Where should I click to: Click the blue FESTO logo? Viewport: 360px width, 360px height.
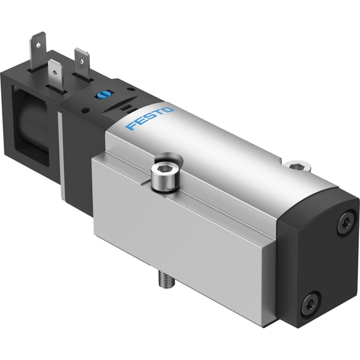coord(149,118)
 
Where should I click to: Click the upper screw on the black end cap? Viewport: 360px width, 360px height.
coord(346,222)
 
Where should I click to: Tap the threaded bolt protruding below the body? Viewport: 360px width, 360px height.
coord(166,279)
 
